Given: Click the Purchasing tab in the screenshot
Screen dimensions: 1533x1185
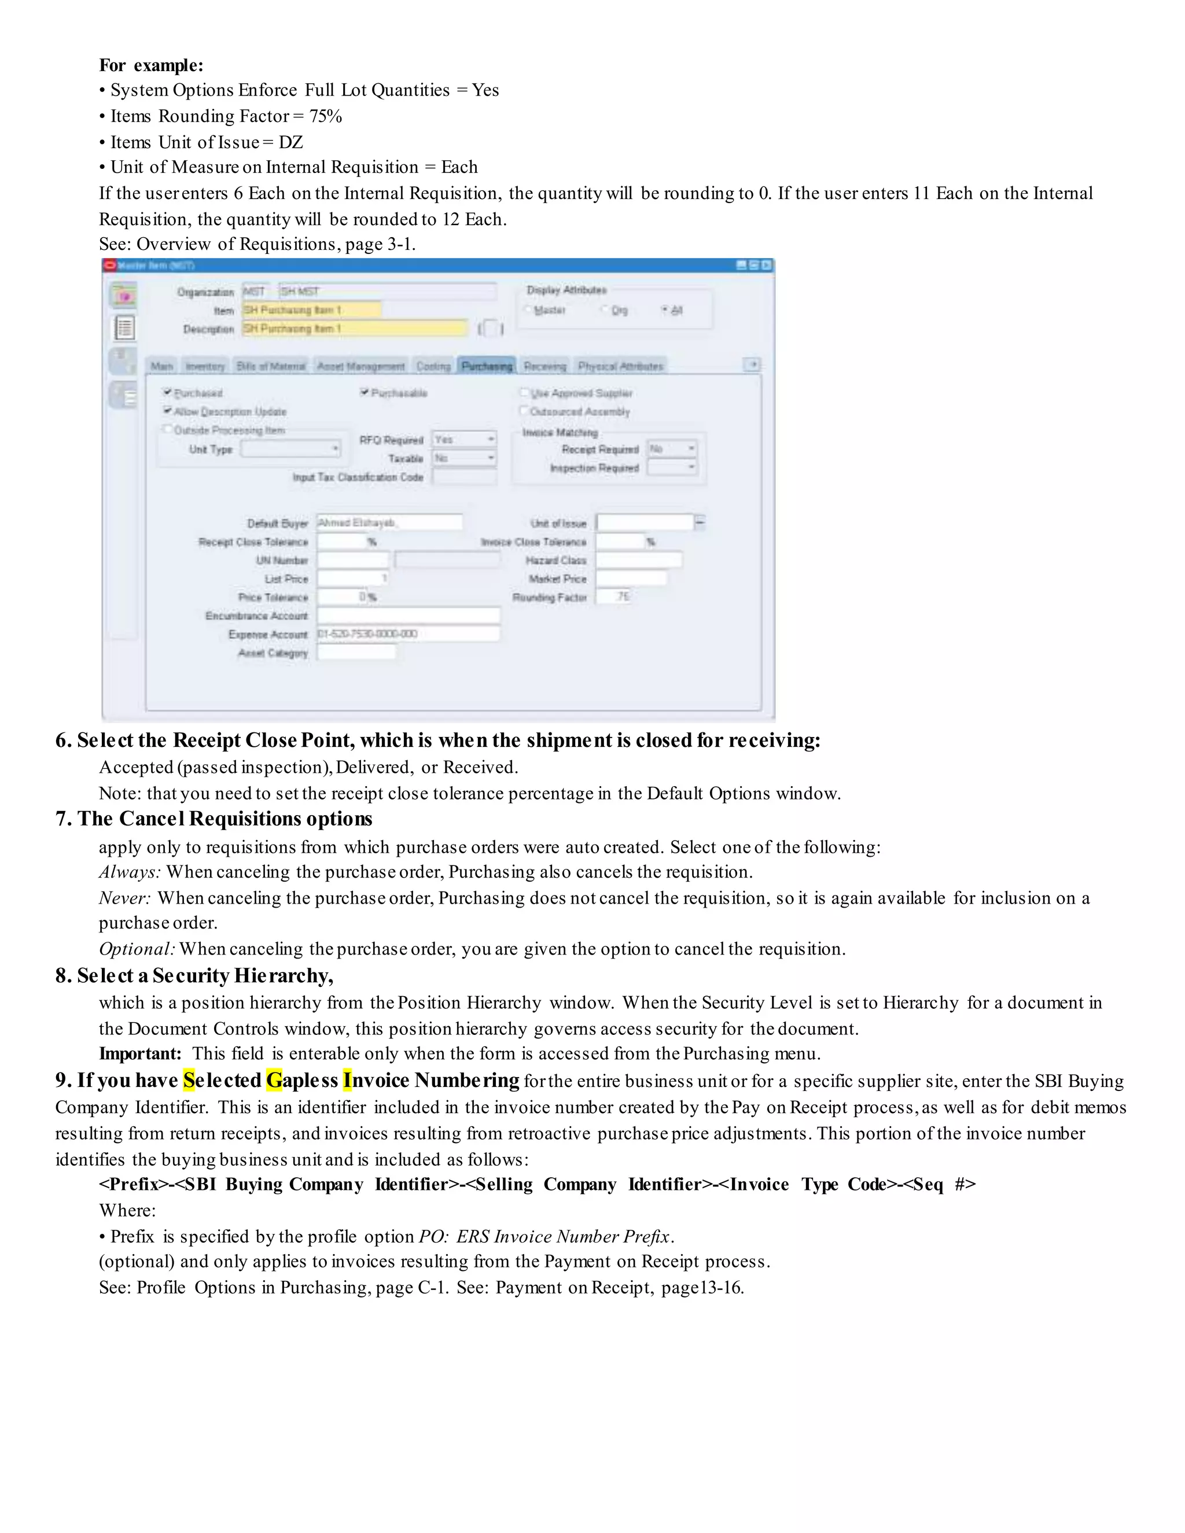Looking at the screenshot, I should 487,366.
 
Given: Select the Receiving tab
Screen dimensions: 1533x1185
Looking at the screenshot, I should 544,366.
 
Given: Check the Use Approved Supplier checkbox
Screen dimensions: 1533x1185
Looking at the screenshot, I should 524,392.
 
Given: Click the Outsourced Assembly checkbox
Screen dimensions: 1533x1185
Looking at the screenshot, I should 524,411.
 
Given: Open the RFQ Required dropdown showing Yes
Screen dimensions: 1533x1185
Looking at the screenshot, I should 464,440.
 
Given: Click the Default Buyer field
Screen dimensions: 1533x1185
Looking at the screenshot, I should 389,522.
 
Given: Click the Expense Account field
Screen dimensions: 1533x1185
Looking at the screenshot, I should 408,634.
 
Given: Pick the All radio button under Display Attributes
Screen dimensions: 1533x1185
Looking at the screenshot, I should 665,309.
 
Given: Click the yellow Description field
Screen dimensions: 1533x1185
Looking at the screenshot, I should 355,328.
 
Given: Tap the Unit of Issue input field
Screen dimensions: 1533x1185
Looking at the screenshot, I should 645,522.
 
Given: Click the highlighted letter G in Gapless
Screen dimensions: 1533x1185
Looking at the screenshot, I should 274,1080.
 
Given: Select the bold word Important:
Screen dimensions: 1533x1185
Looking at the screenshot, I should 139,1053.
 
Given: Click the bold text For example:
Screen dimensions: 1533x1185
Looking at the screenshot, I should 151,65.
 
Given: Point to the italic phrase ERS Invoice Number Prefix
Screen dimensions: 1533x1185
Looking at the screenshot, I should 564,1236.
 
